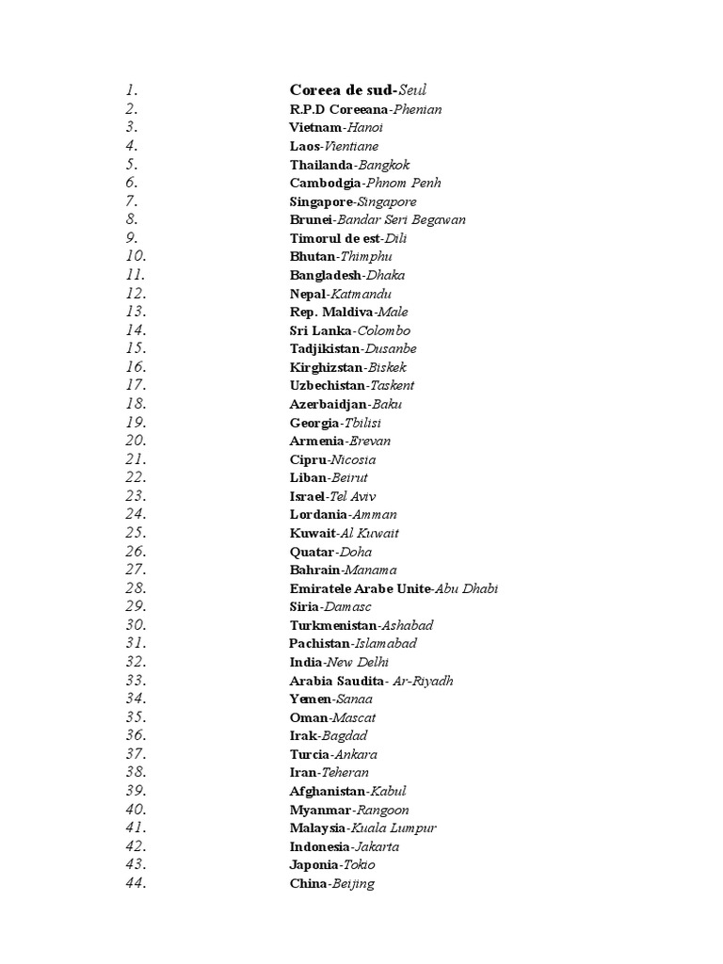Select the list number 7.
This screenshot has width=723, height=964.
(131, 201)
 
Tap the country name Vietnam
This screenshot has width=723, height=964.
(314, 127)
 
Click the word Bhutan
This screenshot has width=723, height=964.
(312, 256)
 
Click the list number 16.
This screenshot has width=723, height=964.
(135, 367)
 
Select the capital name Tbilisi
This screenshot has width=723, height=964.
(362, 423)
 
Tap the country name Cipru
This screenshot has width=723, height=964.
(309, 459)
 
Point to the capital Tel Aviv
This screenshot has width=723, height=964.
(350, 496)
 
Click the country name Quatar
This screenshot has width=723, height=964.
(312, 552)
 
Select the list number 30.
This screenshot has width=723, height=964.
(135, 625)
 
